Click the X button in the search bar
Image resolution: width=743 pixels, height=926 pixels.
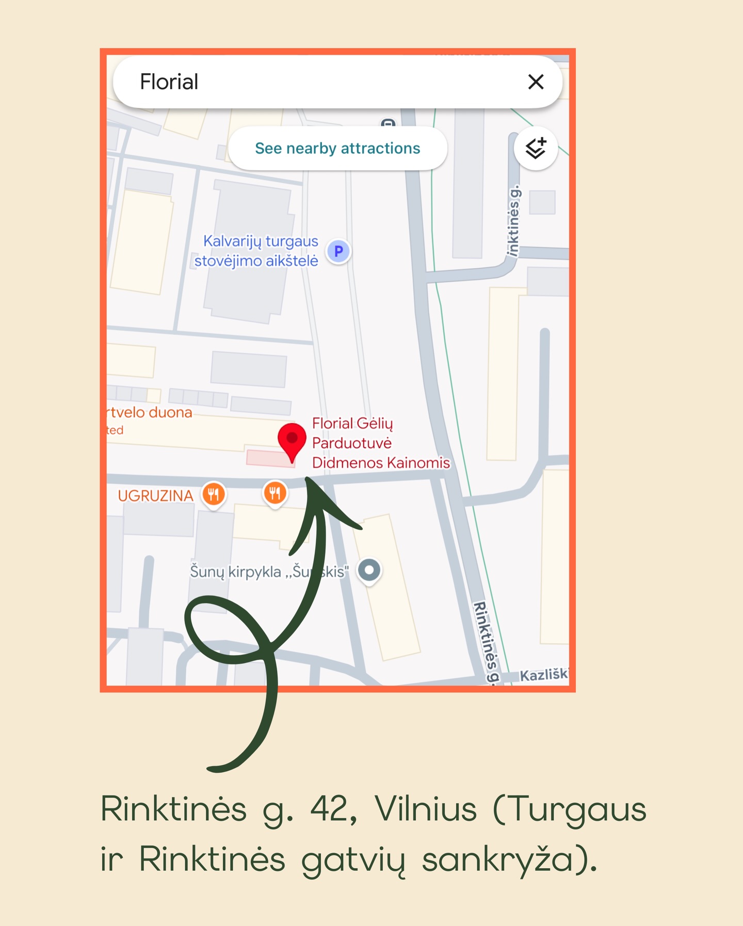[536, 82]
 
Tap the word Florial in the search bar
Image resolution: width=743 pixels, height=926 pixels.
[169, 82]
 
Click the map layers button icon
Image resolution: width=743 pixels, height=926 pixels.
[536, 149]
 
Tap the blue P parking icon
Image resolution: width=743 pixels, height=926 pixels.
[338, 251]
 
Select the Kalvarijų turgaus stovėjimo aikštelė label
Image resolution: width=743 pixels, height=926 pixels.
[256, 251]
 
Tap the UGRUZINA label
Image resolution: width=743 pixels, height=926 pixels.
[155, 496]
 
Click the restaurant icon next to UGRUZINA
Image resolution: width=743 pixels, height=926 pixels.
[214, 494]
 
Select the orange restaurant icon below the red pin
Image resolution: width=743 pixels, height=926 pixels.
[275, 493]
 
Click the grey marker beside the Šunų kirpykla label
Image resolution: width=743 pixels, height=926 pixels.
[369, 571]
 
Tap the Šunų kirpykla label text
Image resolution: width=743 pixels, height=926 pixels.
[268, 572]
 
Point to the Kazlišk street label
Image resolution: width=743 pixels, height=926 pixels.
[544, 675]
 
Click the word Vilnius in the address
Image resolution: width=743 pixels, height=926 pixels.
[426, 809]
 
